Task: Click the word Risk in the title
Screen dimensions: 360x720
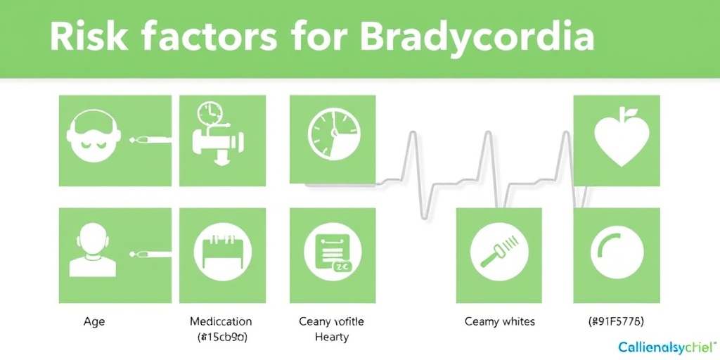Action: (x=83, y=38)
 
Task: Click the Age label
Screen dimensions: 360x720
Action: (x=94, y=321)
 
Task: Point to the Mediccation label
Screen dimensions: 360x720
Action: (x=221, y=321)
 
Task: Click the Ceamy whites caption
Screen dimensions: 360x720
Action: (x=500, y=321)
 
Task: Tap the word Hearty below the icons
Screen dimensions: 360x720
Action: (x=332, y=337)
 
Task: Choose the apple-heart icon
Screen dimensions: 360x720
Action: (x=617, y=140)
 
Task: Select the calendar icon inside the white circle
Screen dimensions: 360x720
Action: (x=223, y=253)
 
